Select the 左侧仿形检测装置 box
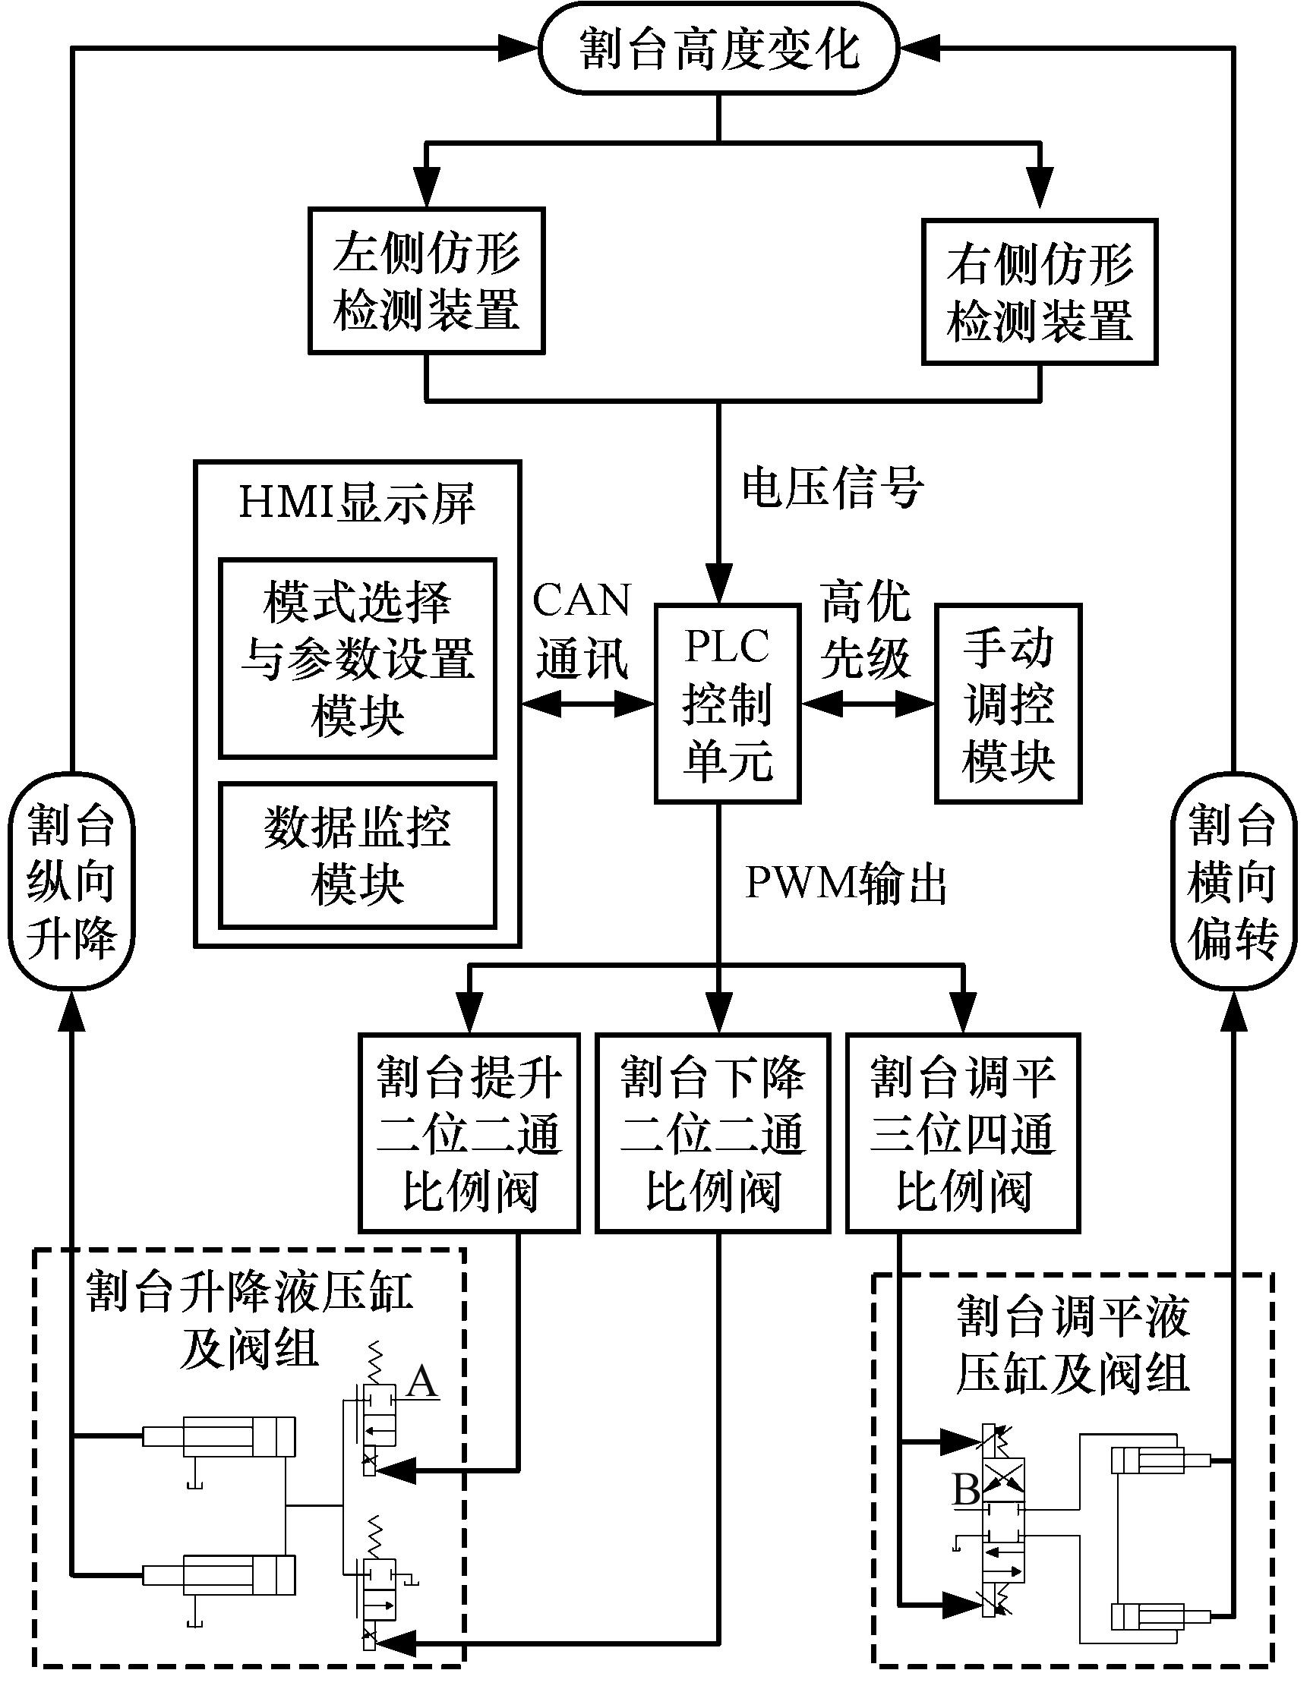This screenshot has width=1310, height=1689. click(426, 281)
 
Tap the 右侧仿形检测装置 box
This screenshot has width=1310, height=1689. click(1039, 291)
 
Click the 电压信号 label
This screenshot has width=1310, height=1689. click(832, 488)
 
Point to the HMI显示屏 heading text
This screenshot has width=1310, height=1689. click(357, 503)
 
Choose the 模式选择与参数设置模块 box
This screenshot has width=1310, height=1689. click(358, 658)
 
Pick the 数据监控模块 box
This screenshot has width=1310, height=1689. click(358, 855)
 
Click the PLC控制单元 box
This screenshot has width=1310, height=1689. click(727, 703)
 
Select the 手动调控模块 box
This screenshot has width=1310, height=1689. click(1008, 703)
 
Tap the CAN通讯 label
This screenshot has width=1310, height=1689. click(582, 629)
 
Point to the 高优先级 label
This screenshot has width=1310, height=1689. click(866, 629)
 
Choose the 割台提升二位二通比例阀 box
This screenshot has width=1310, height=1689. click(469, 1133)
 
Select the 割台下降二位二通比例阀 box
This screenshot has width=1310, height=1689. click(712, 1133)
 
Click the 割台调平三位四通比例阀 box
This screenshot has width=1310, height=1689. click(963, 1133)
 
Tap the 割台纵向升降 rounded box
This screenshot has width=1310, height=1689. click(71, 881)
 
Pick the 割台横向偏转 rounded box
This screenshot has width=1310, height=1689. click(1232, 881)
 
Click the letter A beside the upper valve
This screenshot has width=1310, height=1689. click(421, 1381)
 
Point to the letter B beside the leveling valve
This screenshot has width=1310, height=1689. click(966, 1488)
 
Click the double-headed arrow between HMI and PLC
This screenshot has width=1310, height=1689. click(587, 703)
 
